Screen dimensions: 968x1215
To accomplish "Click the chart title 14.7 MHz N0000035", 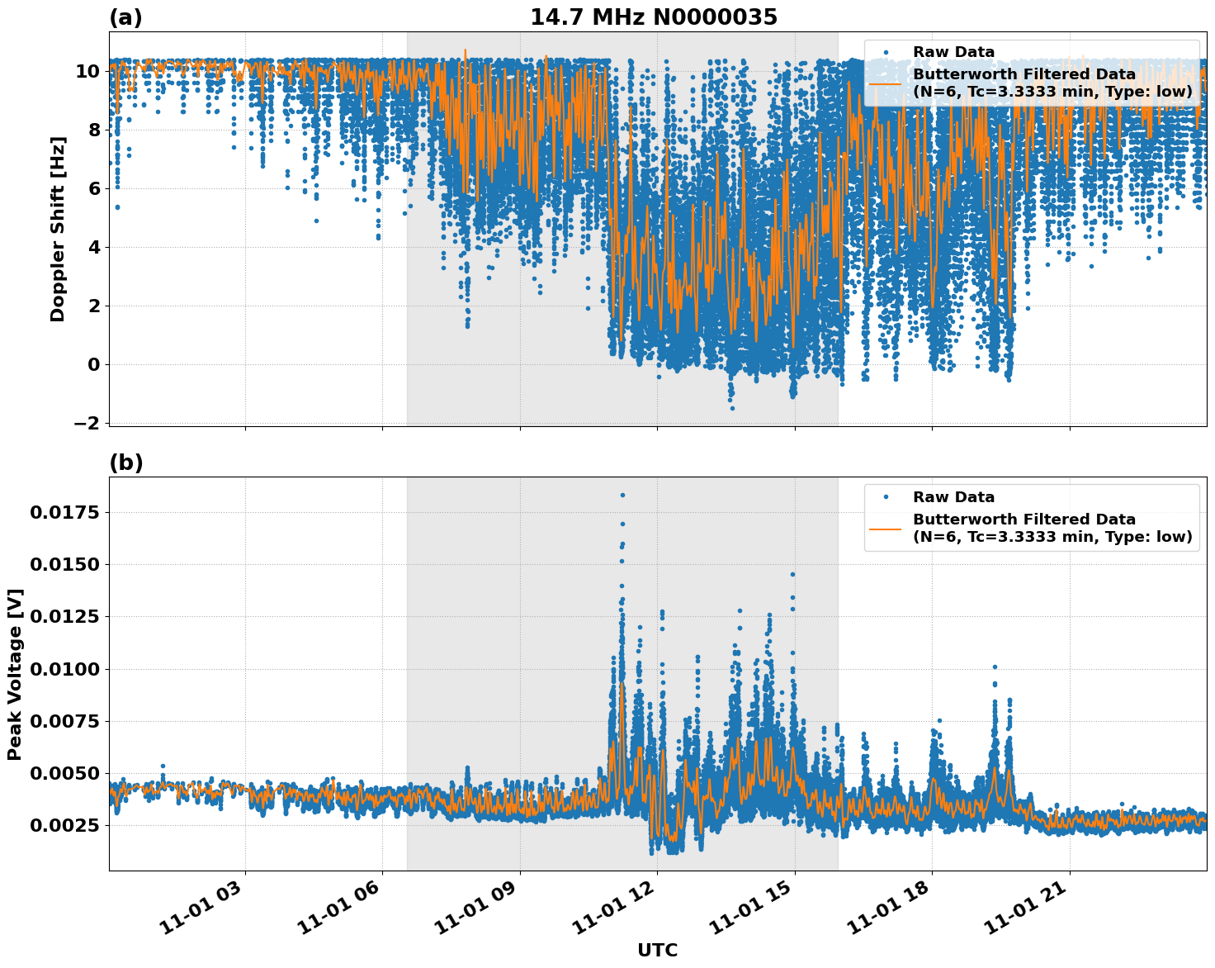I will [653, 17].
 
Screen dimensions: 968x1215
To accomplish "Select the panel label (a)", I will [125, 17].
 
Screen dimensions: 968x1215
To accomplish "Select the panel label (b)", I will [125, 463].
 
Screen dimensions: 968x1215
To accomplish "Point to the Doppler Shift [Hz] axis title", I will [58, 229].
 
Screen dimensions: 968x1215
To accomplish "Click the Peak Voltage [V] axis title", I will [14, 674].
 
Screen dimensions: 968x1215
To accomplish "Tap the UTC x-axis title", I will [657, 950].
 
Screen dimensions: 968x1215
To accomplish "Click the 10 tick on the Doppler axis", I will [87, 71].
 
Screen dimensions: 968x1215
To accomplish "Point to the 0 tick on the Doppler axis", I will [93, 364].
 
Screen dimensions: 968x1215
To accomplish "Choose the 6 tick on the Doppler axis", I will [93, 188].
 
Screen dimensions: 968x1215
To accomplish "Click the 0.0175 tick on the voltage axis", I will [64, 512].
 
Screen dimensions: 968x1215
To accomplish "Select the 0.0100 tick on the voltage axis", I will [64, 669].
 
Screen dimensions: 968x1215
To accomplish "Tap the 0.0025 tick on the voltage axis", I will [64, 825].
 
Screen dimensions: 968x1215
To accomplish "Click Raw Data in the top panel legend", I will [953, 52].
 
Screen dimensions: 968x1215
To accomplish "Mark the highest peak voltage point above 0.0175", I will [622, 495].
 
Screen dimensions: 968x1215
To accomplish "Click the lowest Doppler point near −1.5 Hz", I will [731, 408].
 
